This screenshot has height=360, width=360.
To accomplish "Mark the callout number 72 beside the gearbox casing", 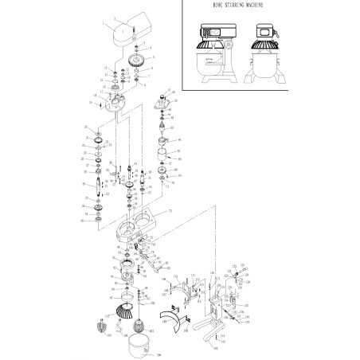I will click(x=169, y=211).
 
